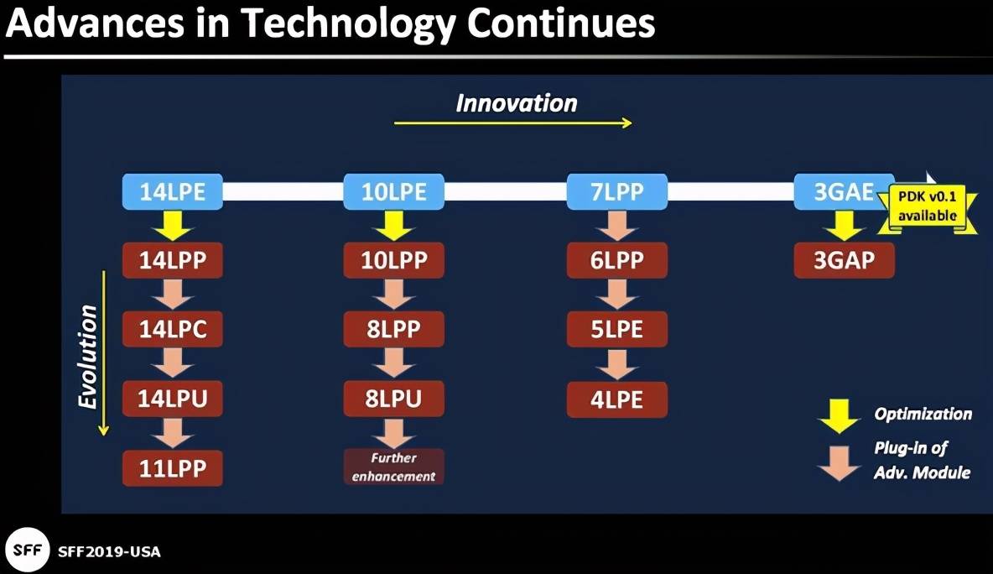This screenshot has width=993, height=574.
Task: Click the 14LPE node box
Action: [172, 191]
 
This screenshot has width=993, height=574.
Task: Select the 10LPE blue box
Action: [393, 191]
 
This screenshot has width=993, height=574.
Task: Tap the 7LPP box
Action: [616, 191]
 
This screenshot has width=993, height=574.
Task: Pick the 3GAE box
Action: [844, 191]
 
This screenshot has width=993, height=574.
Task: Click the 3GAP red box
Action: [845, 260]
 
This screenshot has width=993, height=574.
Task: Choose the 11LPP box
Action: [172, 468]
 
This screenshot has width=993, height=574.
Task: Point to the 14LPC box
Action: [172, 329]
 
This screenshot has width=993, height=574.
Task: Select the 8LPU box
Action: [393, 399]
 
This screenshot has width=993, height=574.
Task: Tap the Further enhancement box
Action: [393, 467]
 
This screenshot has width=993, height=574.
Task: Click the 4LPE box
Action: [616, 399]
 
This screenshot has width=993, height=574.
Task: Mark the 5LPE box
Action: [616, 329]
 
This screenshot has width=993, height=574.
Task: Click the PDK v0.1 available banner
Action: [927, 206]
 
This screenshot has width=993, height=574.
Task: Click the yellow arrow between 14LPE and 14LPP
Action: [172, 226]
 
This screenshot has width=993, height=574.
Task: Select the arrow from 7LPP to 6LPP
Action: [616, 226]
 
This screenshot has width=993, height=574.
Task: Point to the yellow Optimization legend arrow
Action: [839, 416]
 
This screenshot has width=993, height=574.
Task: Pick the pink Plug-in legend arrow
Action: [839, 463]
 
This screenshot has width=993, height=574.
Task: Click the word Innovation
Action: [517, 103]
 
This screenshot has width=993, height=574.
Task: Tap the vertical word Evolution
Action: [87, 357]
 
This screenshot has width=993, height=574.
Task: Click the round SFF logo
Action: [27, 550]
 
